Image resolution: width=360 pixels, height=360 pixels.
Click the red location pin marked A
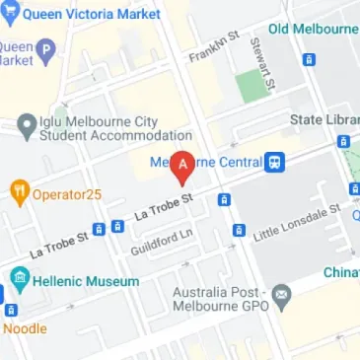click(x=181, y=167)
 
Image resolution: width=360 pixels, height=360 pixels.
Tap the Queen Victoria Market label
click(x=98, y=14)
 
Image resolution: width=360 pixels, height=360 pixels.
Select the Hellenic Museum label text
click(x=87, y=281)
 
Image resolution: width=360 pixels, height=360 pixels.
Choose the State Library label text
click(x=324, y=120)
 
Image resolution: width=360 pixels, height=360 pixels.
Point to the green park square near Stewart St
click(x=253, y=87)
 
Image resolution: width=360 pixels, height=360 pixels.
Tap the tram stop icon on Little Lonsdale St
click(x=238, y=231)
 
